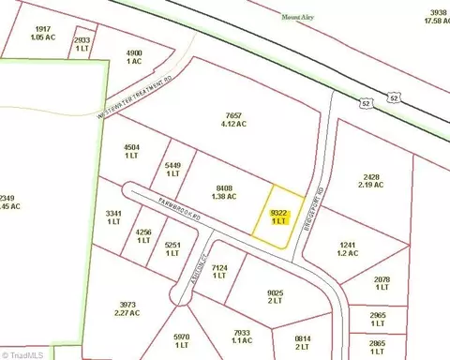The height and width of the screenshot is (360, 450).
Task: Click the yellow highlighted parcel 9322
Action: click(x=279, y=217)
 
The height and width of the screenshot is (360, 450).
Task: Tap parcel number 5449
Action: click(x=172, y=170)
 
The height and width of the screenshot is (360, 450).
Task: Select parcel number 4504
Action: click(x=132, y=152)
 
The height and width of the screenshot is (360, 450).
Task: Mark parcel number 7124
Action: click(x=220, y=272)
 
